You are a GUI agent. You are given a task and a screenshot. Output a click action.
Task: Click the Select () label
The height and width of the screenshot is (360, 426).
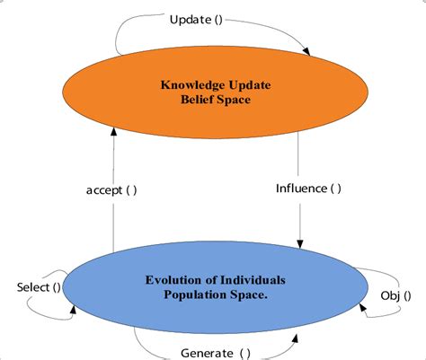40,287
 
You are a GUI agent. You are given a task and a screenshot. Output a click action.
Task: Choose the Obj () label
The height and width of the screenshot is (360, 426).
395,295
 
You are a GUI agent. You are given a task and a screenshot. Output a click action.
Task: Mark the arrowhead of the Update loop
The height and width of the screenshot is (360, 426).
311,50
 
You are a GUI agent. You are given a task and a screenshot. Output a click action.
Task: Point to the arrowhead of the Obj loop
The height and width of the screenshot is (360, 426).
363,307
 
